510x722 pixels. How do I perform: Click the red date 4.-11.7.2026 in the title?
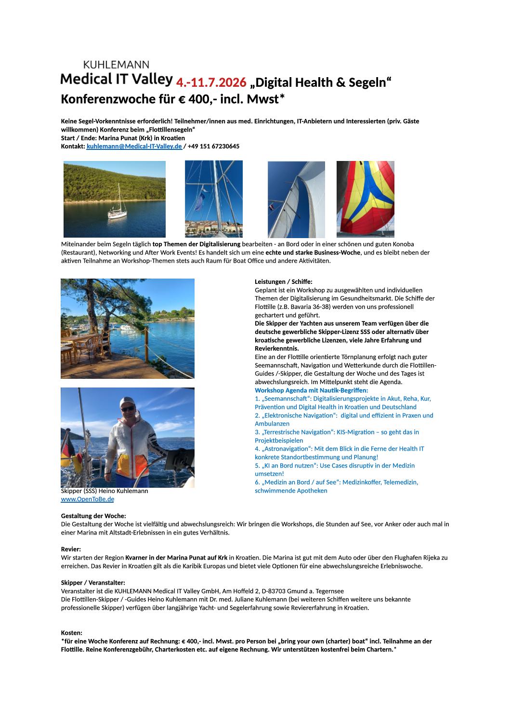pyautogui.click(x=210, y=82)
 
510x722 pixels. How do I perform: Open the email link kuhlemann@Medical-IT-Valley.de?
pyautogui.click(x=134, y=146)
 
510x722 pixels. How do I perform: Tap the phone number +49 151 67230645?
pyautogui.click(x=213, y=146)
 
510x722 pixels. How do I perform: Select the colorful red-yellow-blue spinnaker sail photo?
pyautogui.click(x=365, y=199)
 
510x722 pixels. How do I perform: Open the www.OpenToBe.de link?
pyautogui.click(x=87, y=499)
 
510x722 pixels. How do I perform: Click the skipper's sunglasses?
pyautogui.click(x=128, y=409)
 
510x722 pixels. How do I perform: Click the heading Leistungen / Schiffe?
pyautogui.click(x=283, y=281)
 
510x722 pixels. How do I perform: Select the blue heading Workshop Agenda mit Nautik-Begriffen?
pyautogui.click(x=311, y=390)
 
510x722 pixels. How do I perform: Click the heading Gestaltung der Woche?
pyautogui.click(x=93, y=516)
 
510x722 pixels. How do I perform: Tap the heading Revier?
pyautogui.click(x=71, y=549)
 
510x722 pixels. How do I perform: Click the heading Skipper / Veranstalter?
pyautogui.click(x=93, y=583)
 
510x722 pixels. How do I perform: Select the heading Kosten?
pyautogui.click(x=71, y=632)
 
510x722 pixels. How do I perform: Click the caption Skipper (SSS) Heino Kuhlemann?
pyautogui.click(x=105, y=491)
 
